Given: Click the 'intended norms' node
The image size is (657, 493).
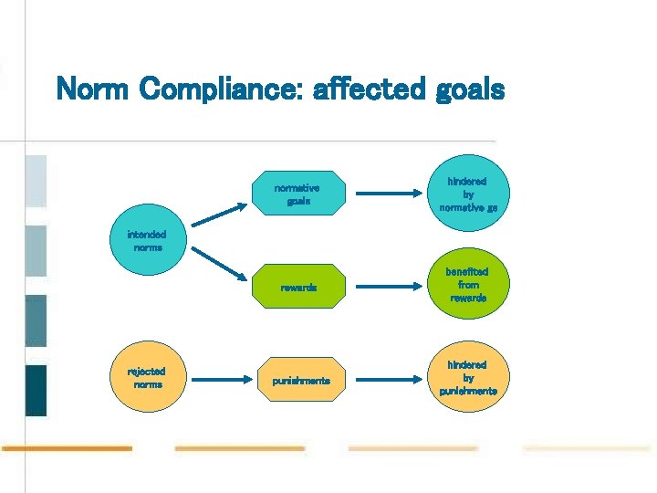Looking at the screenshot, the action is point(148,241).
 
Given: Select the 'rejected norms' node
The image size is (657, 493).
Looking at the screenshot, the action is point(148,377).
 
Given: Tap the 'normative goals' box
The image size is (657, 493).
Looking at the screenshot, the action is point(298,194).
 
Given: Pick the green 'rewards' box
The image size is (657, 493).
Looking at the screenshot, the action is point(298,287).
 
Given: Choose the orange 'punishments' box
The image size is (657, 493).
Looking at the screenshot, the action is point(300,380).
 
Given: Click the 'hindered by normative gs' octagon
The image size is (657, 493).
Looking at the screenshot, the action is point(468,194).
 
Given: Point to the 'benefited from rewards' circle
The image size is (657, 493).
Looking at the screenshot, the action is point(468,285).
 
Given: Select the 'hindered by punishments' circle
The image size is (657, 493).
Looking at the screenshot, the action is point(468,378).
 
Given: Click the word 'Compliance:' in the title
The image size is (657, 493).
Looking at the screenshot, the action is point(215,91).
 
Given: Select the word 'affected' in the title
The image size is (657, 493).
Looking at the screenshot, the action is point(368,89).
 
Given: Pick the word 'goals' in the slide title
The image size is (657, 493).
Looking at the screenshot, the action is point(469,91).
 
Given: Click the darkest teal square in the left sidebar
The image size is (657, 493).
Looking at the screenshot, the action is point(36,390).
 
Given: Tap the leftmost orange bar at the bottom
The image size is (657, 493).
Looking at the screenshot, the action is point(67,448).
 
